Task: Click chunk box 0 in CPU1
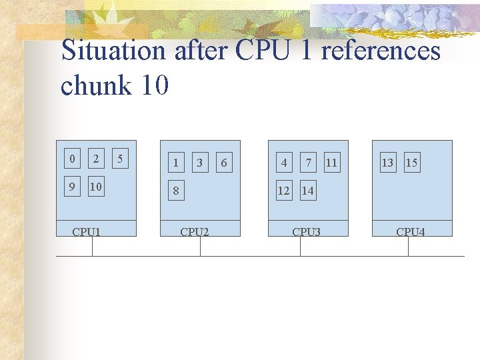(72, 159)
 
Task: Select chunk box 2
(96, 159)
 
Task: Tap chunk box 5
(120, 159)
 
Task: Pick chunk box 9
(72, 187)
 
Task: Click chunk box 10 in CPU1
(96, 187)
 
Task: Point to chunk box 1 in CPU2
(175, 162)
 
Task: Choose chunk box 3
(199, 162)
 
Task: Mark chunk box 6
(223, 162)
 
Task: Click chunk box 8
(175, 190)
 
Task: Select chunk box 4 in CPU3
(284, 162)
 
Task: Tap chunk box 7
(308, 162)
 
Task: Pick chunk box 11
(331, 162)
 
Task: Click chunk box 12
(284, 190)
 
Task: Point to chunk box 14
(307, 190)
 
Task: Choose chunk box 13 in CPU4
(387, 162)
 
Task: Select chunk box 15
(411, 162)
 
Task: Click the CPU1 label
(87, 232)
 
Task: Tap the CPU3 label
(307, 232)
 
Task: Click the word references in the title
(381, 51)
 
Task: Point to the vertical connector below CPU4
(408, 246)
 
